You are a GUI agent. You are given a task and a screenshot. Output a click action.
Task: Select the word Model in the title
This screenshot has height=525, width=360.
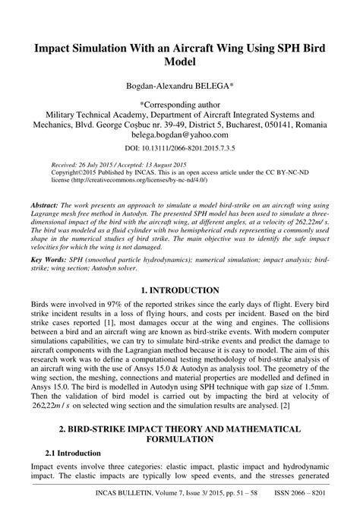pyautogui.click(x=180, y=61)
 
